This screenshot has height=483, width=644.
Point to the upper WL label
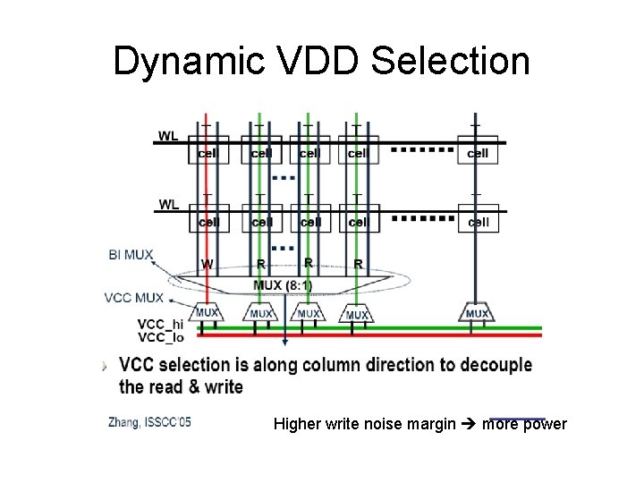click(168, 136)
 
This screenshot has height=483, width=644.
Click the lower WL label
click(168, 204)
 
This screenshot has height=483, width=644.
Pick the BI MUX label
click(131, 255)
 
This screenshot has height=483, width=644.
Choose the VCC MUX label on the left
click(134, 297)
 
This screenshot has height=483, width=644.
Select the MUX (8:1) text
click(284, 285)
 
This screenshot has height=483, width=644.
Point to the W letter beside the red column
click(208, 264)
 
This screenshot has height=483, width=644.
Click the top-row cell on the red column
click(208, 153)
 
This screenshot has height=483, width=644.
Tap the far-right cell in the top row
click(478, 153)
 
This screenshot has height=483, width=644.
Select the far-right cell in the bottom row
click(478, 221)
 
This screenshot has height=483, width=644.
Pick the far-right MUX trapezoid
click(477, 314)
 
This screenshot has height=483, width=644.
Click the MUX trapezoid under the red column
click(208, 314)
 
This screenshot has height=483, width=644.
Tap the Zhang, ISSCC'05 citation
click(149, 421)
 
